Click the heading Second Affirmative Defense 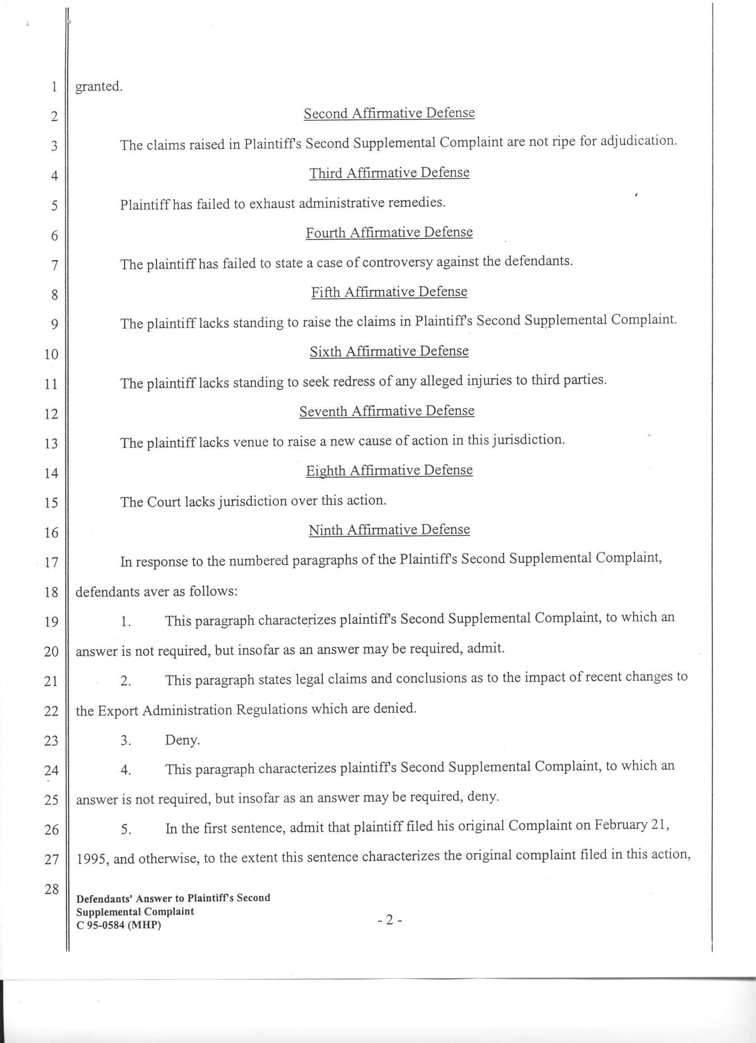pyautogui.click(x=389, y=113)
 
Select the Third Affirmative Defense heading pyautogui.click(x=389, y=173)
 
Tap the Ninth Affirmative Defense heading pyautogui.click(x=389, y=530)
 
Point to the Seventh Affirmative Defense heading pyautogui.click(x=386, y=411)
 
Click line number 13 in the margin pyautogui.click(x=51, y=443)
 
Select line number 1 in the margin pyautogui.click(x=54, y=87)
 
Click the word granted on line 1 pyautogui.click(x=99, y=87)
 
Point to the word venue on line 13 pyautogui.click(x=251, y=442)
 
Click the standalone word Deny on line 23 pyautogui.click(x=182, y=741)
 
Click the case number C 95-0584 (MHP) pyautogui.click(x=119, y=925)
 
